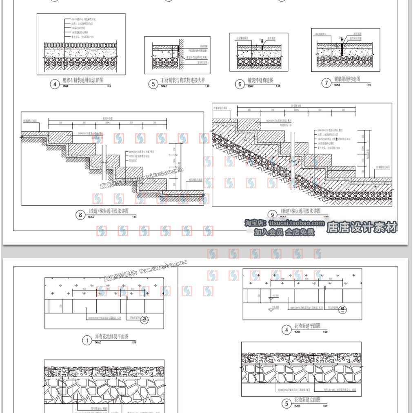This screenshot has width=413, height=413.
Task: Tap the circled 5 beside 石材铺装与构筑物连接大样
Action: (153, 84)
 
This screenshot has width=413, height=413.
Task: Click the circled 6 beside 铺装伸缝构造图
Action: (240, 84)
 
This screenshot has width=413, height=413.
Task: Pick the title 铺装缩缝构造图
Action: (346, 80)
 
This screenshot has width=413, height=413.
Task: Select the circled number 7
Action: (326, 83)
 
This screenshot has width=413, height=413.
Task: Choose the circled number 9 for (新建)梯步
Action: (273, 215)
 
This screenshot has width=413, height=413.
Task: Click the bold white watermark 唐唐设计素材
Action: (362, 227)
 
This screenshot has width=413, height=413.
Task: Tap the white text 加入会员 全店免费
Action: (284, 233)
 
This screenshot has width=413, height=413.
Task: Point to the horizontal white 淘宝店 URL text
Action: (284, 223)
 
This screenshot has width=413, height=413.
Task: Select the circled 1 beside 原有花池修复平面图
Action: (87, 340)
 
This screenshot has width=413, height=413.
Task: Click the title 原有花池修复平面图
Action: (111, 337)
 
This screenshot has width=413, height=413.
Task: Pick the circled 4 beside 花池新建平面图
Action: (286, 329)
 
